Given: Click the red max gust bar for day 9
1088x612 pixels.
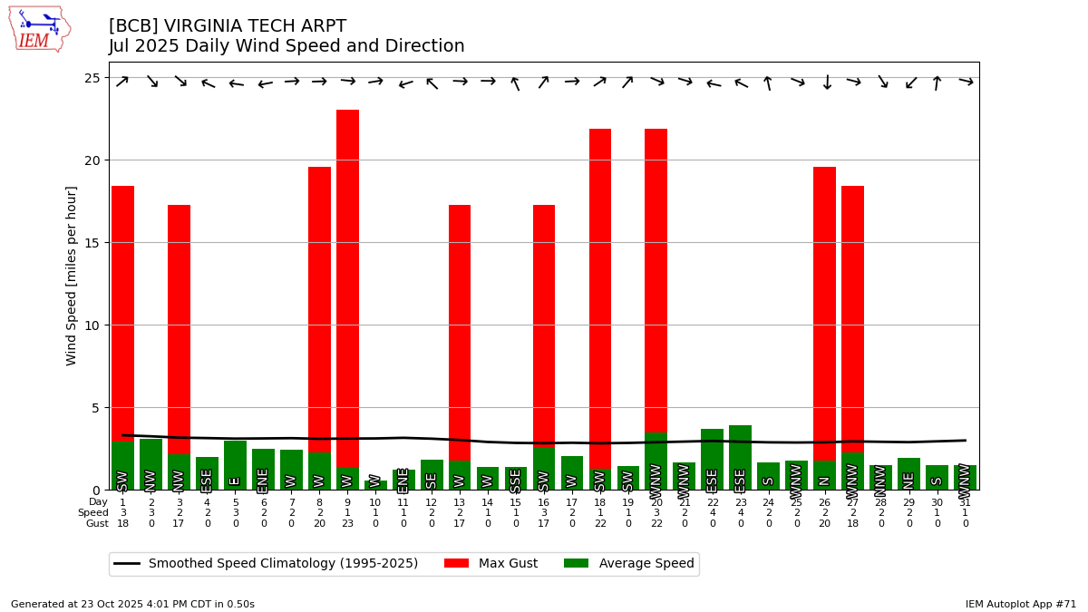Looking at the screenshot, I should coord(347,272).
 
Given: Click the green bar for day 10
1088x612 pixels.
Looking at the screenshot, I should coord(375,485).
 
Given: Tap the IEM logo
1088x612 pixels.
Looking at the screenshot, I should coord(39,29).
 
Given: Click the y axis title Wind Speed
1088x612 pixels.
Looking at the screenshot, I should coord(72,276).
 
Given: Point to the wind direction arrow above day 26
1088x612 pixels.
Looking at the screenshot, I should coord(825,83).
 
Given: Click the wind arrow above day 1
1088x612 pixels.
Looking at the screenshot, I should coord(122,82).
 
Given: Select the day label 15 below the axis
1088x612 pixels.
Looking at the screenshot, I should coord(516,502).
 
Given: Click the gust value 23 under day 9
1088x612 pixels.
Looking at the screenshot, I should coord(347,524).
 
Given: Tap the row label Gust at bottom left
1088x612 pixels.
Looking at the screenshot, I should coord(97,524).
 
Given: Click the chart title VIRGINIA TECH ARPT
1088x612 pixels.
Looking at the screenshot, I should coord(228,26).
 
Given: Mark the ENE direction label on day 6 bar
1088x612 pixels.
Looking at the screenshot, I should coord(263,480).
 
